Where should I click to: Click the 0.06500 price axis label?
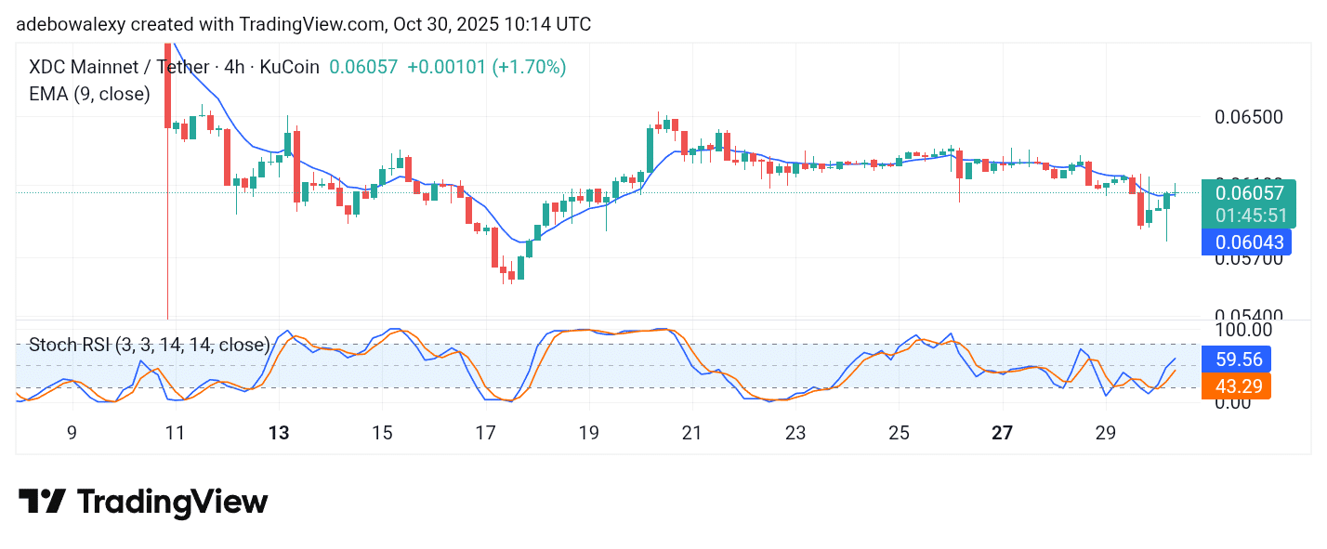(1250, 117)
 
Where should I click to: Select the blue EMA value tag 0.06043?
(1245, 242)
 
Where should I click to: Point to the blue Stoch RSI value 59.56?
(1236, 359)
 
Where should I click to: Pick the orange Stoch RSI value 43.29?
(1236, 386)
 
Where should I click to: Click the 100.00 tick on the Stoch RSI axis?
(1242, 330)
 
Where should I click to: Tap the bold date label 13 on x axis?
(279, 433)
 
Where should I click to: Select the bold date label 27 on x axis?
(1002, 433)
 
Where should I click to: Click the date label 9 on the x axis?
(72, 433)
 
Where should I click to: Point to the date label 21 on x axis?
(691, 433)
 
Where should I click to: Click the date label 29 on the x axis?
(1105, 433)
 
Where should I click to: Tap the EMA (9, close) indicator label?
(89, 94)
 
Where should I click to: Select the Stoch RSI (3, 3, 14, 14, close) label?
(150, 345)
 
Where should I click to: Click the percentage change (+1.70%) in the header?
(529, 67)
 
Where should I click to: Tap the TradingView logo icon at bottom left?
(42, 502)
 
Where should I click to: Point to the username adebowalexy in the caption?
(68, 24)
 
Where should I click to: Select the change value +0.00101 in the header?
(446, 67)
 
